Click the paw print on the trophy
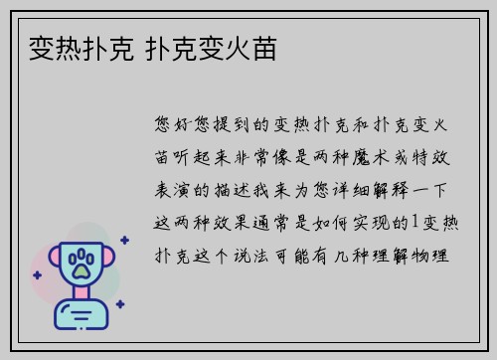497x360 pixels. pos(81,265)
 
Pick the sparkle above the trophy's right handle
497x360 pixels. pos(124,239)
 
